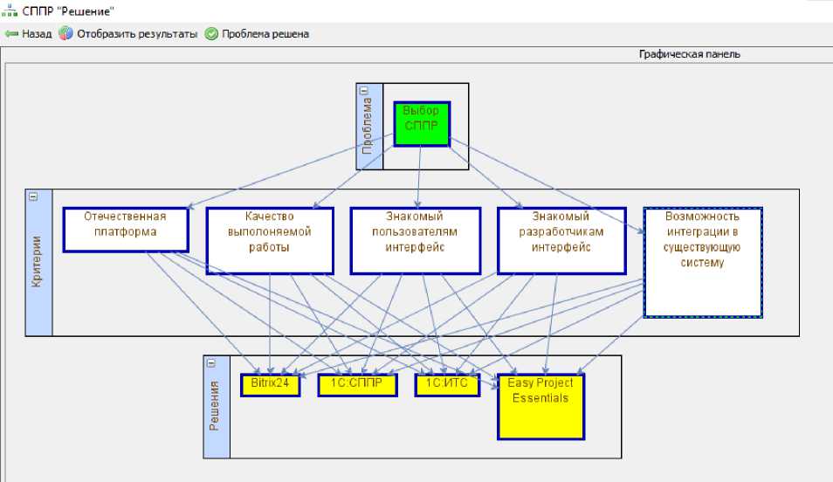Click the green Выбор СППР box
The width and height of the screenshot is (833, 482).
(x=422, y=124)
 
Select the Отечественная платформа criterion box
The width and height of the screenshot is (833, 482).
(x=126, y=230)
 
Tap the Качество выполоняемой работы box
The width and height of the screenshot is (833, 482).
(x=270, y=241)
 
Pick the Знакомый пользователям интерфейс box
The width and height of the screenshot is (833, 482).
(x=416, y=241)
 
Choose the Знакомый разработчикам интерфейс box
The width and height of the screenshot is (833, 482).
(x=561, y=241)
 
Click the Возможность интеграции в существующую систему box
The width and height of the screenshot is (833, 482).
(x=703, y=263)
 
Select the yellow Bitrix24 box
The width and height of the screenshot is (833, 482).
(x=270, y=385)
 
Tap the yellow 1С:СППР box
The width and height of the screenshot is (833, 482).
(x=357, y=385)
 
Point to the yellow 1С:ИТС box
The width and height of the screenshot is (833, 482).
(x=447, y=385)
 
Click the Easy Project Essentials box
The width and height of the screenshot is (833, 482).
(x=540, y=407)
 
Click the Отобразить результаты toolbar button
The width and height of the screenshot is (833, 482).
(x=128, y=34)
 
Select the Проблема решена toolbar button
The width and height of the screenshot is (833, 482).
(x=257, y=34)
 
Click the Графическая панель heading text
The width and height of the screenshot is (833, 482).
(x=690, y=54)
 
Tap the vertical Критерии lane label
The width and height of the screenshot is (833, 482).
(x=36, y=261)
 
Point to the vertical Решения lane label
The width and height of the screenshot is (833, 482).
(x=214, y=405)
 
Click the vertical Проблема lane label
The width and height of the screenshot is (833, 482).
(x=367, y=126)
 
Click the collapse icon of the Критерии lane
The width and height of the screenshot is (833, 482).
(x=33, y=196)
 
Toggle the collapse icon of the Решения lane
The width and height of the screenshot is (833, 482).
(x=211, y=363)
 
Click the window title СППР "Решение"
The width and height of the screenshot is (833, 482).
(x=68, y=11)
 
